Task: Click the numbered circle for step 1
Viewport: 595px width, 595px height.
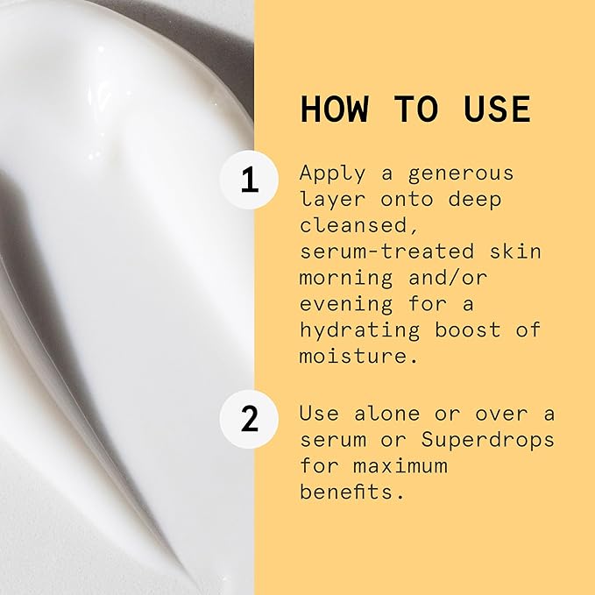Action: tap(250, 180)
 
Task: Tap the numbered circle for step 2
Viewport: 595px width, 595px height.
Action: tap(250, 419)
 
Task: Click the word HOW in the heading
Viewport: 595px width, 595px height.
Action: tap(335, 109)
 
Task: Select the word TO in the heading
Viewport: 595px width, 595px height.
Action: tap(415, 109)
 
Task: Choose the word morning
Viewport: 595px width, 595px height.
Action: tap(345, 278)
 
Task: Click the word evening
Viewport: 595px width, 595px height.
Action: tap(345, 304)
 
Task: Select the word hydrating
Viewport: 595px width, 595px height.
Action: tap(358, 330)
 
